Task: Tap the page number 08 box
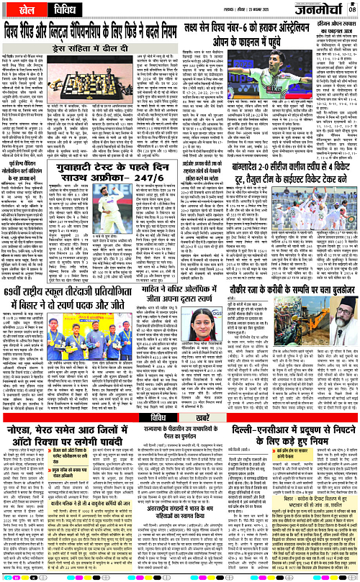click(352, 8)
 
